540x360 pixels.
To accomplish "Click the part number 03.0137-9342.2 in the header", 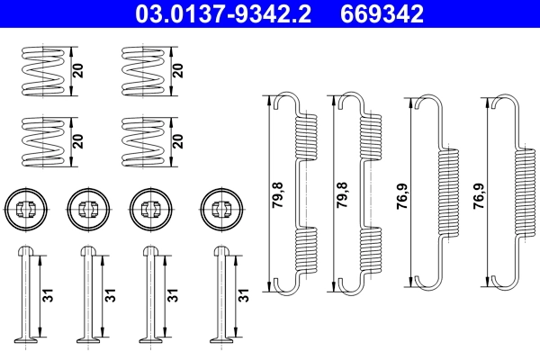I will point(227,13).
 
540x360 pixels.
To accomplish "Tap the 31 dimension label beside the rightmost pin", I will point(242,294).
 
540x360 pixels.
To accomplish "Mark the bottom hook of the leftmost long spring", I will point(286,284).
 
